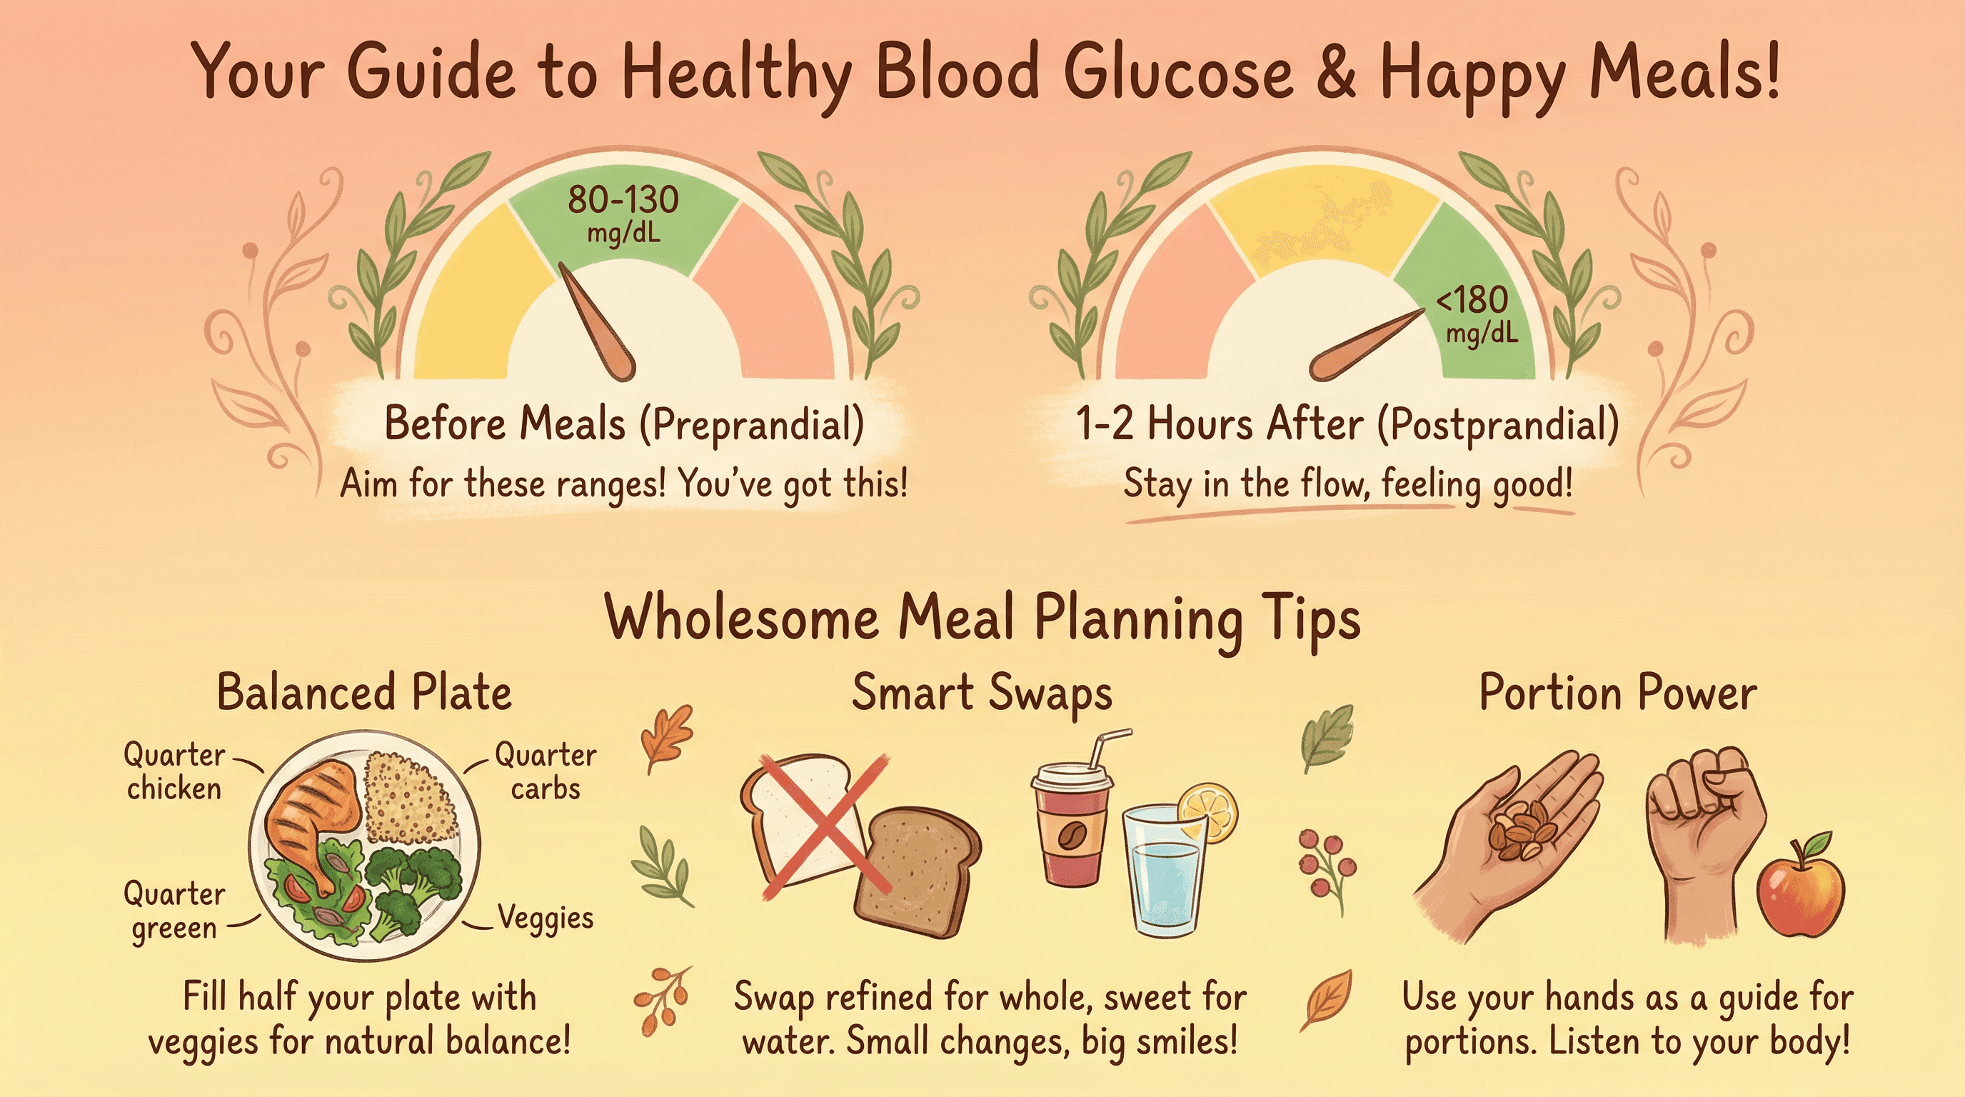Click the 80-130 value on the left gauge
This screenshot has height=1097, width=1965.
[x=623, y=200]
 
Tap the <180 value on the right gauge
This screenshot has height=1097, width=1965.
[x=1472, y=300]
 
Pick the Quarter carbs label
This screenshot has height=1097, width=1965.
[x=545, y=771]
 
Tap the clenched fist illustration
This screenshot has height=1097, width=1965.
[x=1705, y=824]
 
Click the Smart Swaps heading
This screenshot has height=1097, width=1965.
[x=982, y=693]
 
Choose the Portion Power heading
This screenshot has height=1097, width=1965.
[x=1618, y=693]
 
